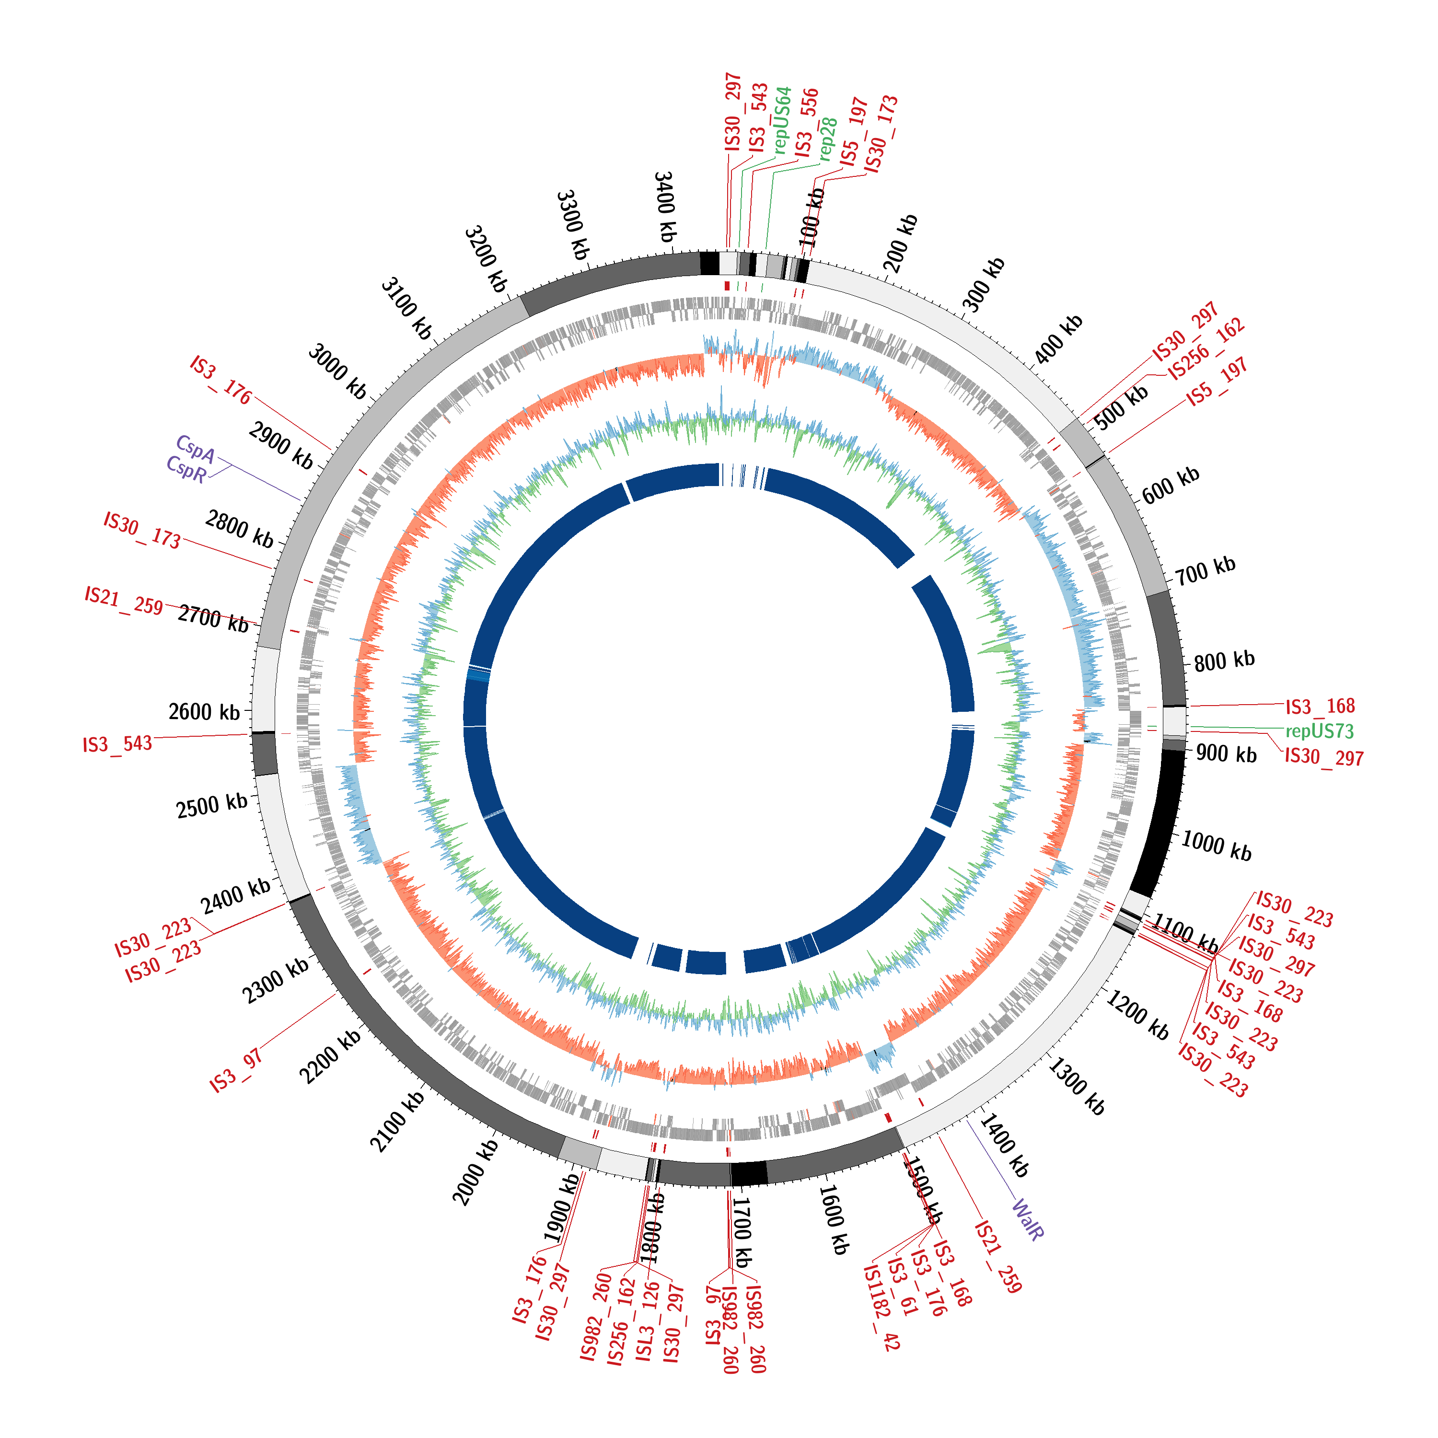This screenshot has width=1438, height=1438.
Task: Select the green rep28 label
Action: click(x=828, y=139)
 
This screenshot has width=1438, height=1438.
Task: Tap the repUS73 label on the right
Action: click(x=1319, y=731)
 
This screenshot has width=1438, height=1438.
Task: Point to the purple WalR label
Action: click(x=1028, y=1219)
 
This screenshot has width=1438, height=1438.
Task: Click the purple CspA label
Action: click(x=195, y=449)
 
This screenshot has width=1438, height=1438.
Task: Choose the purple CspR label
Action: click(x=186, y=469)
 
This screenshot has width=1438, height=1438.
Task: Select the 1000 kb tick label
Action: click(x=1216, y=847)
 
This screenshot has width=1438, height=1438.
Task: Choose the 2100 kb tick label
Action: click(x=397, y=1121)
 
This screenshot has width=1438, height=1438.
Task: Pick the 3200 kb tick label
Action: click(x=485, y=258)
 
